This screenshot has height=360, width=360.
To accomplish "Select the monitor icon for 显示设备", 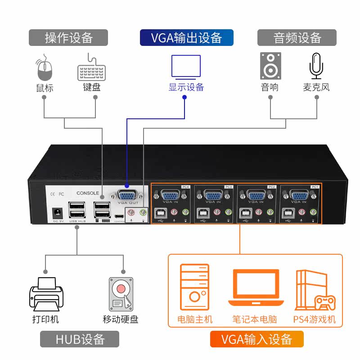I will point(186,67).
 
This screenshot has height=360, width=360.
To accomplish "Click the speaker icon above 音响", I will point(270,66).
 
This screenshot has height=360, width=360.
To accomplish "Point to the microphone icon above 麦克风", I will point(316,66).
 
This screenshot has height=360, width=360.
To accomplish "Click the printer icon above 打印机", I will point(46,295).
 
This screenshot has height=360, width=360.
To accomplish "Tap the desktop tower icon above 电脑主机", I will point(194,288).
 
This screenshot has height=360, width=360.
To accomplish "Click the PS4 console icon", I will point(315,291).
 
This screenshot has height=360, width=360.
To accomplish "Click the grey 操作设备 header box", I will point(68,38).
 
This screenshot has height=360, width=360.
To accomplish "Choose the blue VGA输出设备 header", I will point(186,38).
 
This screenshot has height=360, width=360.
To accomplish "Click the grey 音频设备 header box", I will point(297,38).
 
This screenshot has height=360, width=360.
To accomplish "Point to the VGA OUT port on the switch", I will point(128,195).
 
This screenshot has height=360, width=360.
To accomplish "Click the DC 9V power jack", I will point(58,211).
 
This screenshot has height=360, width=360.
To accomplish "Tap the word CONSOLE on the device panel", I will point(88,193).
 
